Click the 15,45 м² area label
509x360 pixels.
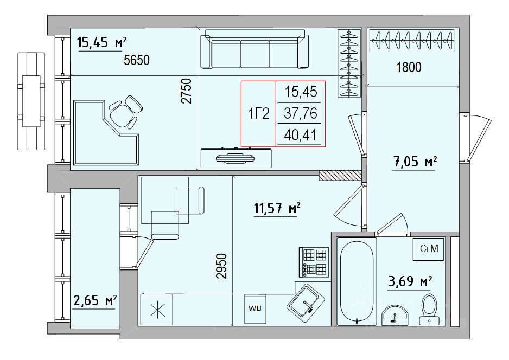click(x=102, y=42)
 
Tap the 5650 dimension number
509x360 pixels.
click(x=137, y=60)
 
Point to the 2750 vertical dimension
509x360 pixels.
click(x=186, y=91)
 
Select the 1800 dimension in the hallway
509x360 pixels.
click(x=409, y=67)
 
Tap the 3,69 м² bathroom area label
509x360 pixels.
click(x=410, y=281)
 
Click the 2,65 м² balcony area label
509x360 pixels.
click(x=95, y=300)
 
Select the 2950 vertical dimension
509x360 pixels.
click(x=221, y=266)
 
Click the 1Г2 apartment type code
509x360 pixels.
click(x=259, y=114)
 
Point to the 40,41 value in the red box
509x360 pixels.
click(x=300, y=135)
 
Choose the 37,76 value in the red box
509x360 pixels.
click(x=300, y=113)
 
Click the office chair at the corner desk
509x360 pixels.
click(x=125, y=112)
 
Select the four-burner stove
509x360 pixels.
click(x=314, y=262)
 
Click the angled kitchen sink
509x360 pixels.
click(x=306, y=303)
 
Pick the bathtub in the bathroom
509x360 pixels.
click(x=357, y=281)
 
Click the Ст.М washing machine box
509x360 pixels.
click(x=429, y=249)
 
